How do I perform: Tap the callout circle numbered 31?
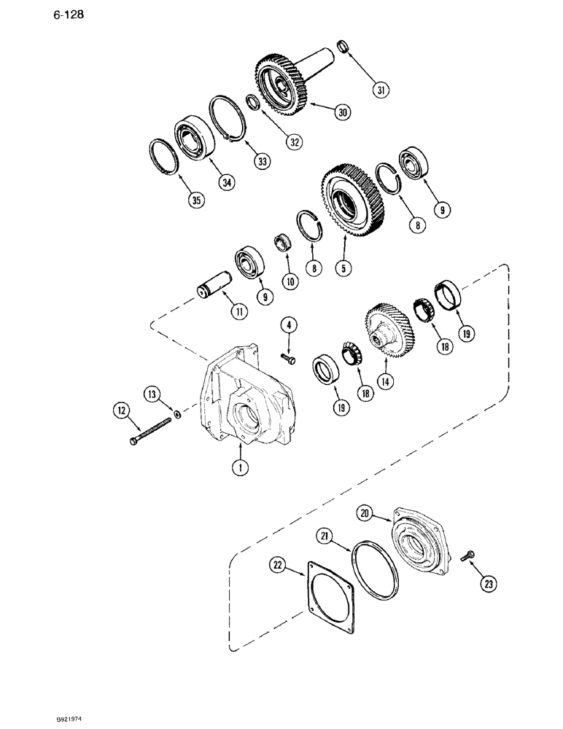(x=380, y=90)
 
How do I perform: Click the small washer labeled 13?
(x=177, y=416)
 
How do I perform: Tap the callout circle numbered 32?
(x=293, y=142)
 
